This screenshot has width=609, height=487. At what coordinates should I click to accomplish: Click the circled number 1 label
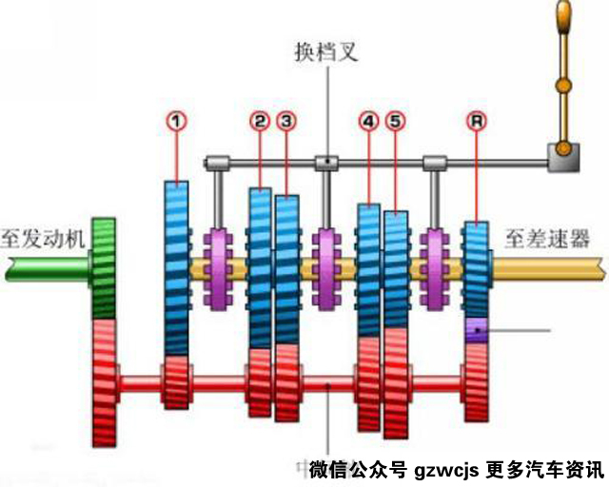176,121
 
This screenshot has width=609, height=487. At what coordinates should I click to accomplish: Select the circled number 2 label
260,121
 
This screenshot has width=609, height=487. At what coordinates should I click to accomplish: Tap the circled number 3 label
286,121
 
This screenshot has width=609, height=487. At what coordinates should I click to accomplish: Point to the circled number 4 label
369,121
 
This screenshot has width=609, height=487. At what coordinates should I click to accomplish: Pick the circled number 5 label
396,121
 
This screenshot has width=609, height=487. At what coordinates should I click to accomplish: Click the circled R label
476,121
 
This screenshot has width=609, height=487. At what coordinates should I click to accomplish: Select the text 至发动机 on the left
43,238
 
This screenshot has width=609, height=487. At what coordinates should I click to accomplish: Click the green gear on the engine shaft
104,268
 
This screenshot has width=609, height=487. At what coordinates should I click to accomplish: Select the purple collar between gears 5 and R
437,268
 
